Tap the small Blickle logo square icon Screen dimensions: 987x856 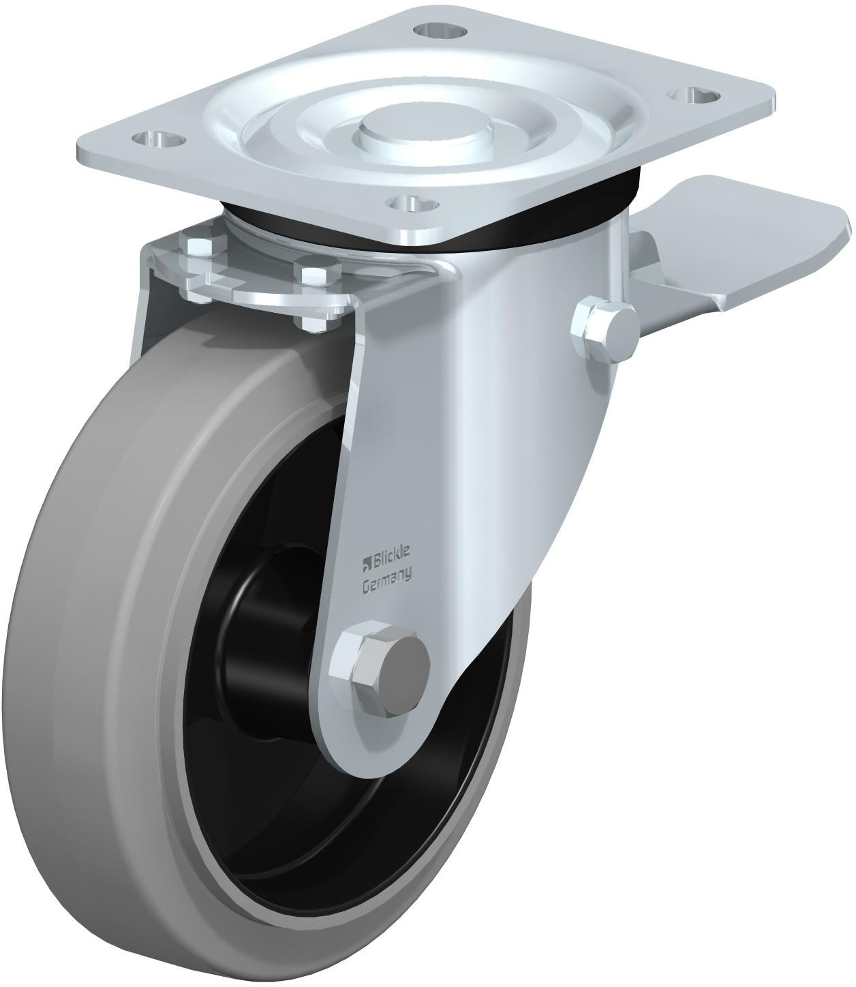365,563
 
